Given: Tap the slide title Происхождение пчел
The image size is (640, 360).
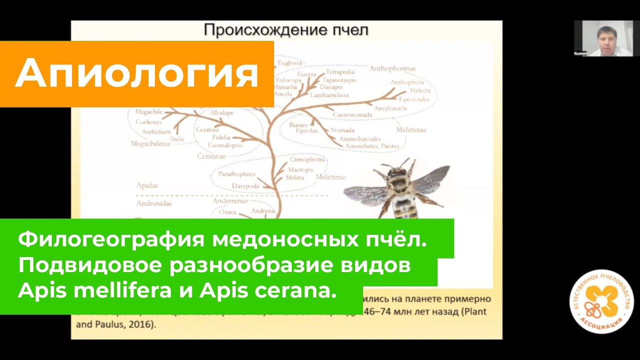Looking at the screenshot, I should (x=286, y=30).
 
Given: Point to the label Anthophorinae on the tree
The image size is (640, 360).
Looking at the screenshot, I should (x=393, y=68).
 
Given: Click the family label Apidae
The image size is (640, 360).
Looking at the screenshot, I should (x=147, y=185).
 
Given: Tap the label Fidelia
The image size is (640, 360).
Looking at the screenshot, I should (x=220, y=137).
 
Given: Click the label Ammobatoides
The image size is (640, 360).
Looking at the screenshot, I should (x=359, y=138).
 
